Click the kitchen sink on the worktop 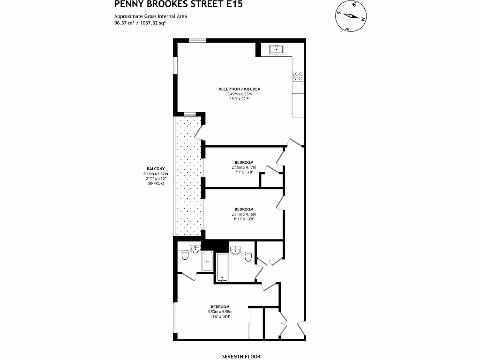tap(276, 49)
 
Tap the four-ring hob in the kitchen tap(298, 76)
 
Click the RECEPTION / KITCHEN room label tap(239, 89)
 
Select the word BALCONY tap(155, 169)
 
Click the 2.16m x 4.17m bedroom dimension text tap(244, 167)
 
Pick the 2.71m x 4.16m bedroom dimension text tap(244, 214)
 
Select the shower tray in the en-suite tap(207, 262)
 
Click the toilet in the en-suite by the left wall tap(184, 256)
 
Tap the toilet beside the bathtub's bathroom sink tap(248, 256)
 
